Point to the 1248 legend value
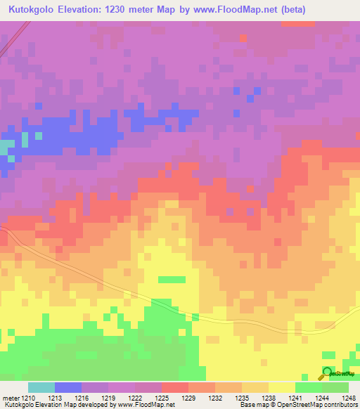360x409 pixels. [x=349, y=397]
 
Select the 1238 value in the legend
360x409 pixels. [x=260, y=397]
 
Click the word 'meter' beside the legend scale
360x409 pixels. [x=10, y=397]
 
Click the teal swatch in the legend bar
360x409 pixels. [x=41, y=387]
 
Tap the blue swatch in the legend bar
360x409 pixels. [x=67, y=387]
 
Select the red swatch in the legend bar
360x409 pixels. [x=174, y=387]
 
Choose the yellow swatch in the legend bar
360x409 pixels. [x=281, y=387]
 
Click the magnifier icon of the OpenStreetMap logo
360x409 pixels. [x=328, y=373]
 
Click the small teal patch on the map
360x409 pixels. [x=6, y=147]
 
